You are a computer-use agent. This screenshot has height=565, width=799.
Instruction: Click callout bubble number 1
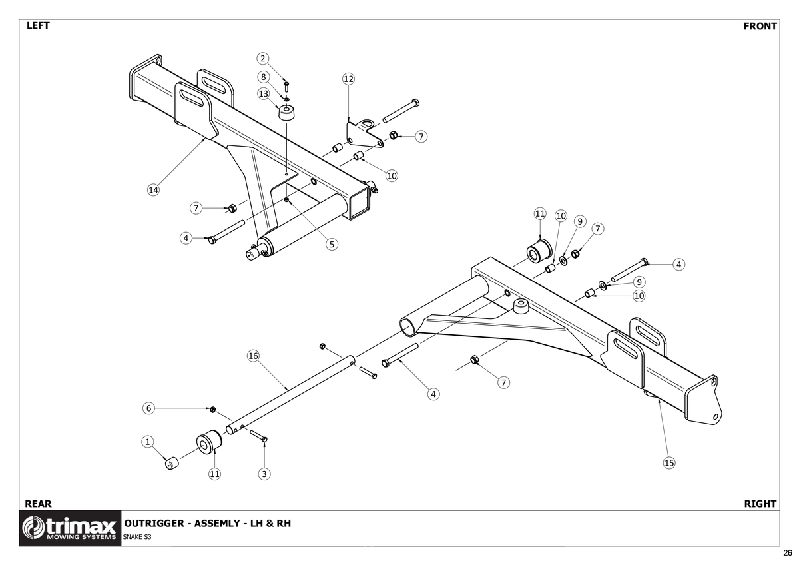pyautogui.click(x=148, y=441)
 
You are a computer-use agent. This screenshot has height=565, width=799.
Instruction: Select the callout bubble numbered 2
pyautogui.click(x=264, y=59)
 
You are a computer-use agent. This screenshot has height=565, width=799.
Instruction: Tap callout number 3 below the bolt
pyautogui.click(x=264, y=474)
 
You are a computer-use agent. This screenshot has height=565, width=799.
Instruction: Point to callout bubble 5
pyautogui.click(x=332, y=244)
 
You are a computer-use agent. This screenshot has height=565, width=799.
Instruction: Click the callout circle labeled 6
pyautogui.click(x=149, y=408)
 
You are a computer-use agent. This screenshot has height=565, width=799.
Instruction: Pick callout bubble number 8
pyautogui.click(x=264, y=77)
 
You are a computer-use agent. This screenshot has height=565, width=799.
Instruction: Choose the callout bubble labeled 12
pyautogui.click(x=348, y=79)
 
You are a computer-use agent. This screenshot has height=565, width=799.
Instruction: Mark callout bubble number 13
pyautogui.click(x=264, y=93)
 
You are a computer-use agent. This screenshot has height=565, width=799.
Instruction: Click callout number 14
pyautogui.click(x=153, y=190)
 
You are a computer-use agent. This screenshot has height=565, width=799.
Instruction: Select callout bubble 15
pyautogui.click(x=669, y=462)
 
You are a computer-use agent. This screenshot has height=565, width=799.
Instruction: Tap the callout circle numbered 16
pyautogui.click(x=253, y=356)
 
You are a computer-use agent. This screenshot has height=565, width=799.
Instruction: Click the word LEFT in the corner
pyautogui.click(x=39, y=27)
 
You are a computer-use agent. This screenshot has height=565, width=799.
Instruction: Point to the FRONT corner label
pyautogui.click(x=760, y=27)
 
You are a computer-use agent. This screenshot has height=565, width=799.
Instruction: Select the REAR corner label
pyautogui.click(x=38, y=504)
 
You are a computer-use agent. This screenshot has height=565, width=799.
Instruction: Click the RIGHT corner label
pyautogui.click(x=760, y=504)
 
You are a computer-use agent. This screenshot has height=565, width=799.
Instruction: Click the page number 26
pyautogui.click(x=788, y=553)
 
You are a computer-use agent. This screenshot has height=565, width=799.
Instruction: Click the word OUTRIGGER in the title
pyautogui.click(x=153, y=523)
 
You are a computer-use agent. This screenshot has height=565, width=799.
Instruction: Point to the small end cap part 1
pyautogui.click(x=172, y=462)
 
